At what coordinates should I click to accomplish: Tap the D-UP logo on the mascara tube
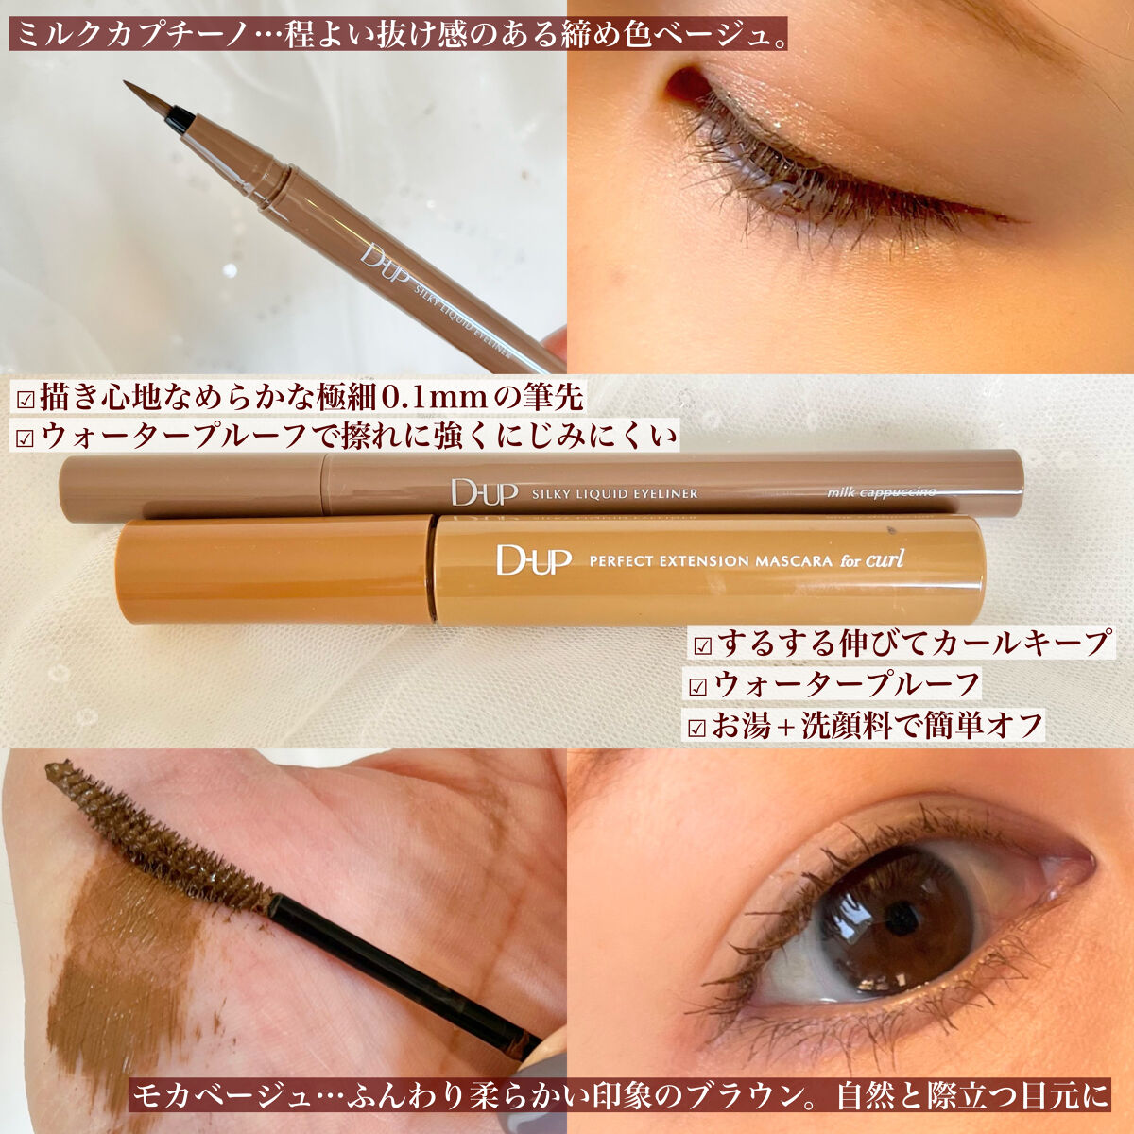point(533,559)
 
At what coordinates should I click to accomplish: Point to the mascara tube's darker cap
point(274,569)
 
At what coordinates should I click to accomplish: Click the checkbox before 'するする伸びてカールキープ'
point(701,646)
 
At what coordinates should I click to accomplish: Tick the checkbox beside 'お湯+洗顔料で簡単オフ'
point(697,728)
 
